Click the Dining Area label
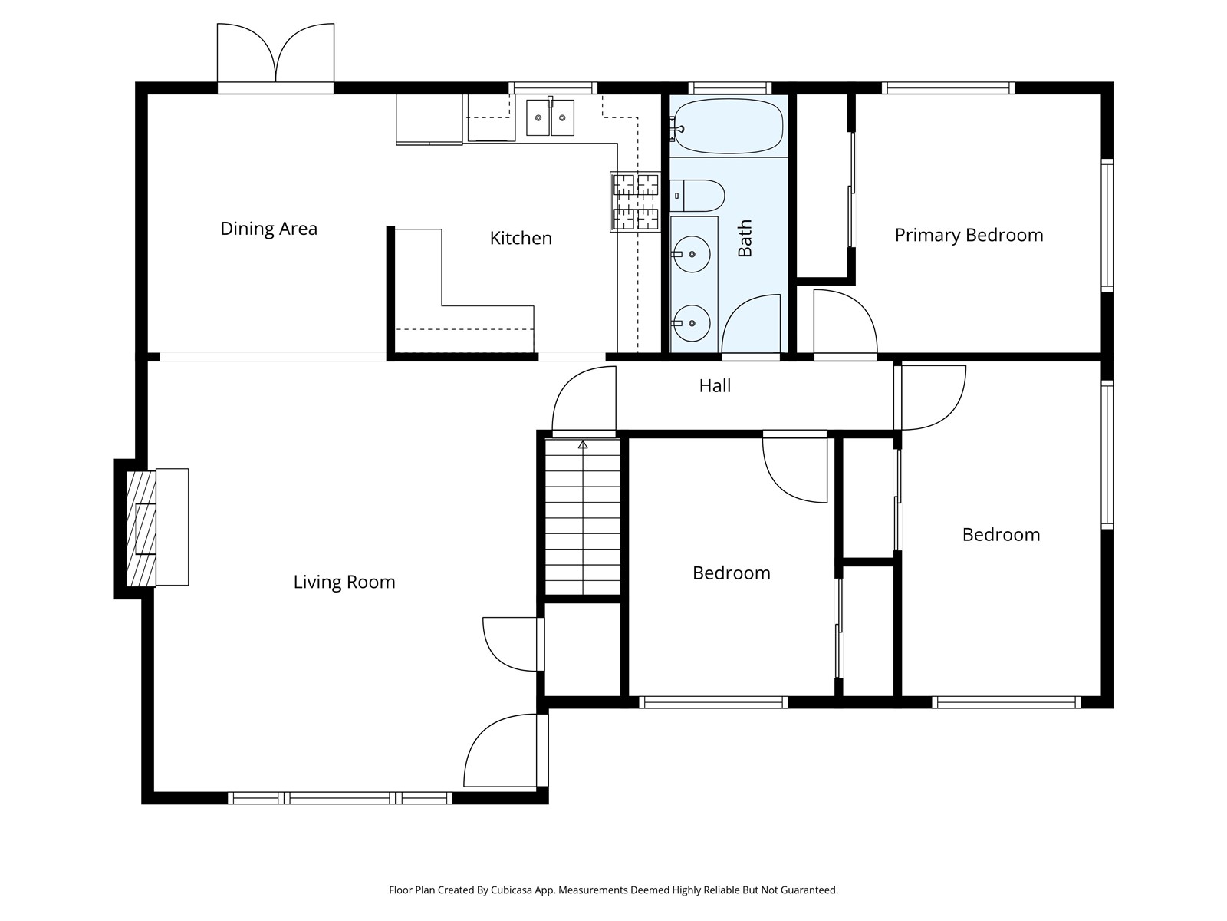click(268, 229)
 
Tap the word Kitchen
click(521, 239)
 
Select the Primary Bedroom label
click(969, 236)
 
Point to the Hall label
click(715, 386)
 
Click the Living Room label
click(344, 583)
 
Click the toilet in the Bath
click(697, 196)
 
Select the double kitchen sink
click(550, 118)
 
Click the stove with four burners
click(636, 202)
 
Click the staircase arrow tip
click(583, 444)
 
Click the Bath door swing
click(752, 324)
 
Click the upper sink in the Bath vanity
click(692, 254)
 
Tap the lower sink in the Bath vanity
click(692, 323)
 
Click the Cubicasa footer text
click(613, 890)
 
